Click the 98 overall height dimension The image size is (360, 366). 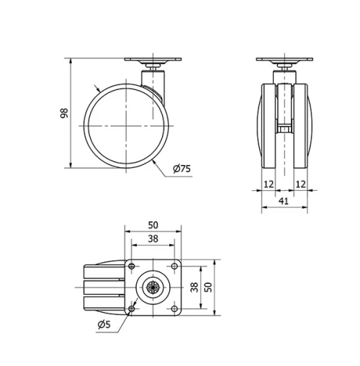(63, 114)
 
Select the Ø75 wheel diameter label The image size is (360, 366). (181, 169)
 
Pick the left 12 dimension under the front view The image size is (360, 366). (268, 184)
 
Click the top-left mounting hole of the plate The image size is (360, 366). (132, 267)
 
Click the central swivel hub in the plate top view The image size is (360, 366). (153, 287)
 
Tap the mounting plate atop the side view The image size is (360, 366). (153, 61)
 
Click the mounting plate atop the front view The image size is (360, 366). (286, 61)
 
